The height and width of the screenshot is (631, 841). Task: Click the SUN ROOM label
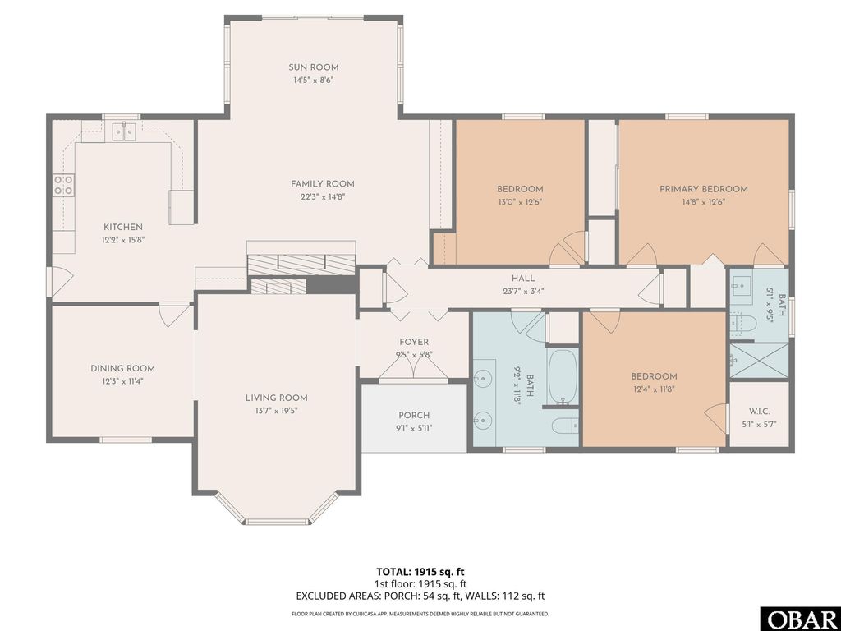313,67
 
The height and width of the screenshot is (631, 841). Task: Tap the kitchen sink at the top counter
125,131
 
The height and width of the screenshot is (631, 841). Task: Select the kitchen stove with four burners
63,185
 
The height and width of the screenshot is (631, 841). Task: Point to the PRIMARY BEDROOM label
704,189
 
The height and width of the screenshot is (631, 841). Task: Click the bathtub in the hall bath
563,377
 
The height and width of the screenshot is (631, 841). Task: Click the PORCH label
414,416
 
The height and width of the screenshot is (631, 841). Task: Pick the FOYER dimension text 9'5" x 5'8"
414,355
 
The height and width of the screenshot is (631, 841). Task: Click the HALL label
523,279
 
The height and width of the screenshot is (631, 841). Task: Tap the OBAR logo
800,618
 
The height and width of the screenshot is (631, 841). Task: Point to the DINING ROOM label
122,369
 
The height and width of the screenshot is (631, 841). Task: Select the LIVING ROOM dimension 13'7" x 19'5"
276,410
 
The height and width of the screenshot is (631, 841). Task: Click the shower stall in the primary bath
757,358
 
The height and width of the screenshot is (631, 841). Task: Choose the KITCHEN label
122,227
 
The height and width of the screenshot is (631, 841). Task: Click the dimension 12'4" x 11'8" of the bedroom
655,389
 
